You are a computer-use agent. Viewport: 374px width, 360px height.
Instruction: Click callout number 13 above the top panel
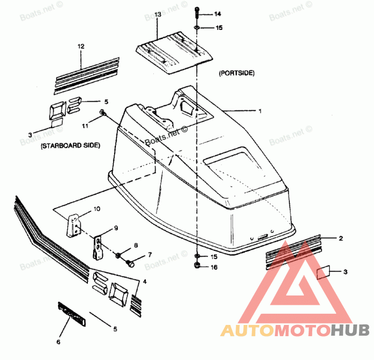[158, 15]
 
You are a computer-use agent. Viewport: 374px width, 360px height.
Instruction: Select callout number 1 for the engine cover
[260, 111]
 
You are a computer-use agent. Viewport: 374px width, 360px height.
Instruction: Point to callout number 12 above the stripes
[81, 46]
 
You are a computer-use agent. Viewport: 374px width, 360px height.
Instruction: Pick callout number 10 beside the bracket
[97, 209]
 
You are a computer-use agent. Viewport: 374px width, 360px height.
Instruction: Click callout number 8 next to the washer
[136, 245]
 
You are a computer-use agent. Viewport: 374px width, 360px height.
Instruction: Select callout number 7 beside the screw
[150, 255]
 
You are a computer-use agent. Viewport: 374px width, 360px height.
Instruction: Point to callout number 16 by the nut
[213, 267]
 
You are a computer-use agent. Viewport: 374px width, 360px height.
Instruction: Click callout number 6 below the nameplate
[58, 342]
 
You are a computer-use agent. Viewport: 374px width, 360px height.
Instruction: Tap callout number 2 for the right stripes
[341, 238]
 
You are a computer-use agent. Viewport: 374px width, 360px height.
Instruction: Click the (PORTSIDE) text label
[236, 73]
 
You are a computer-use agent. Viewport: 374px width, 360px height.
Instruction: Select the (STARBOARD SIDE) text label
[70, 146]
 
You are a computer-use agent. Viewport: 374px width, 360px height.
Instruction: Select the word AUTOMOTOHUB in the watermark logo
[295, 331]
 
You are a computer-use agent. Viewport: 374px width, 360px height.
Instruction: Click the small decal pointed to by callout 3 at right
[324, 272]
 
